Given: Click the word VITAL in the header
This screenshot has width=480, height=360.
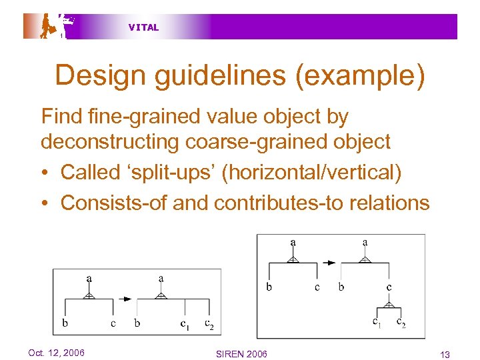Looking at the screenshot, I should (143, 27).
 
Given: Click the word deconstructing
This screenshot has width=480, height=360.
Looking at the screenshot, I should (108, 142).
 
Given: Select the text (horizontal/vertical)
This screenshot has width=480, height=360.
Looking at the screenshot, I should (312, 172).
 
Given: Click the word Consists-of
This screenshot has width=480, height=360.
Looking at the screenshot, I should (113, 203).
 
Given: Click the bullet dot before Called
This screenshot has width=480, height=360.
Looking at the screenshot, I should (45, 173).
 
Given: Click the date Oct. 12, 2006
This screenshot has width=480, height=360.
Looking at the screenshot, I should (56, 352).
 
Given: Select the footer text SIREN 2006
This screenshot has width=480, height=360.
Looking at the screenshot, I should (242, 354).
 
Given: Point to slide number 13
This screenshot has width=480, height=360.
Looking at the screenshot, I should (445, 354).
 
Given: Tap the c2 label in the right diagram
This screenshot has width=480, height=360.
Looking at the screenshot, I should (401, 323).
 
